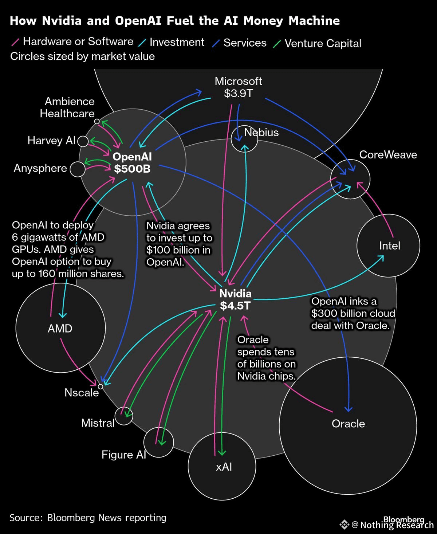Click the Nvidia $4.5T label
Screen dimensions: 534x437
pos(235,299)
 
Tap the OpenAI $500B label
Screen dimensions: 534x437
pos(132,162)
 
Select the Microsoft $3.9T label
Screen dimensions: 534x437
pos(238,87)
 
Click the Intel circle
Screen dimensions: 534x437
pos(388,246)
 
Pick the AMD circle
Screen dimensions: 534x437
pos(60,328)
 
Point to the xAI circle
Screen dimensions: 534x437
pos(222,466)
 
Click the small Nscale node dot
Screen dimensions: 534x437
pos(101,386)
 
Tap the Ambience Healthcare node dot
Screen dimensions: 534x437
pos(97,121)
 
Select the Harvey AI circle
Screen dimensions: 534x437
pos(83,141)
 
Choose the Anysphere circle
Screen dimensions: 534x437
pos(77,169)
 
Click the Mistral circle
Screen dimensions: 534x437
pos(123,416)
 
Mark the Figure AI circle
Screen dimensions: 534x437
pos(158,442)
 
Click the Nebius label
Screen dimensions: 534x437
pos(261,132)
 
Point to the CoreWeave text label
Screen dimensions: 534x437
pos(388,154)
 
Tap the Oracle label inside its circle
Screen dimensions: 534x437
pos(348,424)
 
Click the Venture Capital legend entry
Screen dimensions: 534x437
pos(323,43)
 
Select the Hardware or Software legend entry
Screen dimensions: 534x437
pos(78,42)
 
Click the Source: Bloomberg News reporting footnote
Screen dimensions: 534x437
pos(88,518)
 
